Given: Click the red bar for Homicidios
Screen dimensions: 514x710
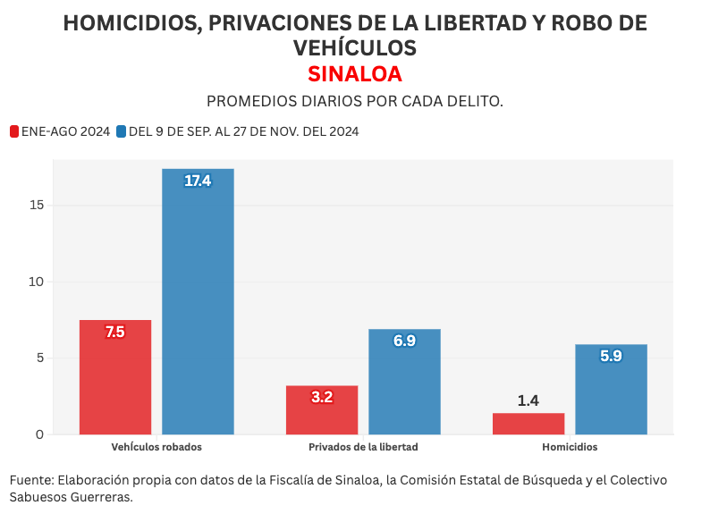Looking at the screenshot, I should [528, 424].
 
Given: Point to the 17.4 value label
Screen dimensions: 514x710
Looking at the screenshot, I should [198, 181].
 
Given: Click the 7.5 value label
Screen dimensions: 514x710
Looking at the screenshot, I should [115, 333].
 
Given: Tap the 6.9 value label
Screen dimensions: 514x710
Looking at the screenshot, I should [404, 341].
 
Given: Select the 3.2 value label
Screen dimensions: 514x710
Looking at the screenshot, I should [322, 398].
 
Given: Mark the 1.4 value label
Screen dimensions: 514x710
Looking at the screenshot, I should [528, 400].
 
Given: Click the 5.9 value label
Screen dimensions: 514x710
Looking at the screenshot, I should [611, 357].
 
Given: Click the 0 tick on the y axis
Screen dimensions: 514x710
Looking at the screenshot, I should [39, 434].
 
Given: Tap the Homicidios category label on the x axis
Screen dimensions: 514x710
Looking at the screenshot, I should [570, 447].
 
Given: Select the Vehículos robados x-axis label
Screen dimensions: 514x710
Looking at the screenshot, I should [156, 447].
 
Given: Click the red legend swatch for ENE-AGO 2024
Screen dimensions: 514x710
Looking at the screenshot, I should [14, 131].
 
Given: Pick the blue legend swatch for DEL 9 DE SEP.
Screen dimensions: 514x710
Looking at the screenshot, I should [121, 131].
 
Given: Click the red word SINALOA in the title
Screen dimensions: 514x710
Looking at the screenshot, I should [355, 73].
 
